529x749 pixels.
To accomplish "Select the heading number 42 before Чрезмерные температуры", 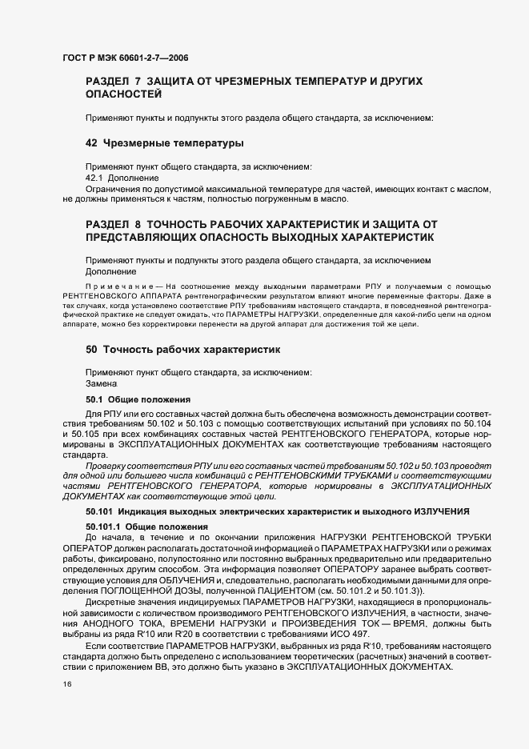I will click(x=91, y=143).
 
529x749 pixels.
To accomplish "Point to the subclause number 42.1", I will click(x=95, y=177).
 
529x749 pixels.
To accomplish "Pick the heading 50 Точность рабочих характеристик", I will click(x=182, y=350).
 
